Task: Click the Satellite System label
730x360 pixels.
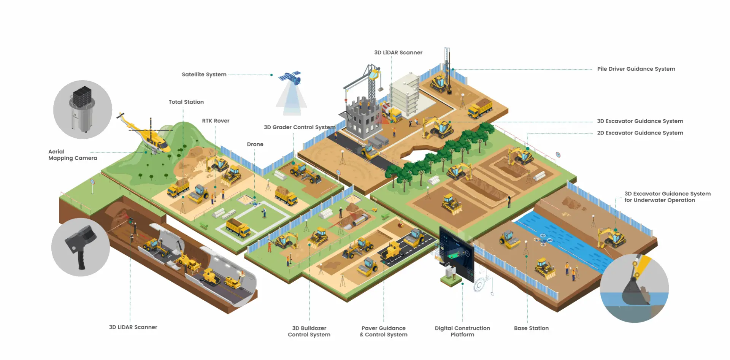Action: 204,75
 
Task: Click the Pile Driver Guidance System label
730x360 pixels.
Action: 636,69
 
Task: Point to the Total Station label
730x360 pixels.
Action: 186,102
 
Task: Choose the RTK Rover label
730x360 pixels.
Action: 216,121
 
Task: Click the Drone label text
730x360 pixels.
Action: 255,144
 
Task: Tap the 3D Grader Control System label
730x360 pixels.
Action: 299,127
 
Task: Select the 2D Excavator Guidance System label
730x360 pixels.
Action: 640,133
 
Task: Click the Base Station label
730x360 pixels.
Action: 531,328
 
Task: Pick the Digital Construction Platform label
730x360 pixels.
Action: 462,331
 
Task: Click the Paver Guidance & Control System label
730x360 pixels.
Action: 384,331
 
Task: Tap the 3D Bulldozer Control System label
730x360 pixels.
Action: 309,331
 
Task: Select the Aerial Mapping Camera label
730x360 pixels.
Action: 72,155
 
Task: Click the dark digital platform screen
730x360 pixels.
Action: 456,253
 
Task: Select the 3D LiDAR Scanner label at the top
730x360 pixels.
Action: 398,52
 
